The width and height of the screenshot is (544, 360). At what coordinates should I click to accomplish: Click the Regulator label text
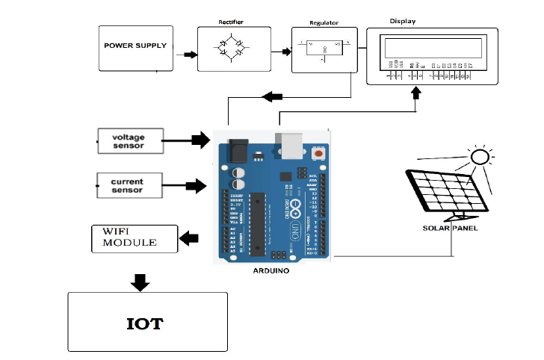324,23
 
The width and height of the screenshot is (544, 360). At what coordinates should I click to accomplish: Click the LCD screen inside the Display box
432,49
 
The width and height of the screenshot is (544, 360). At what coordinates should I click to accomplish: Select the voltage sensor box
131,140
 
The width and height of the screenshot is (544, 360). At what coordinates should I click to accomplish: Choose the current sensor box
131,185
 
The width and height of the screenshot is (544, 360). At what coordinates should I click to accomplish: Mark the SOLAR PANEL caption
450,228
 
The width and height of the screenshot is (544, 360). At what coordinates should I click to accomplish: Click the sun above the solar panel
480,157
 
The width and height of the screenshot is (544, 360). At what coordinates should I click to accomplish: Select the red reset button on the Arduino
319,153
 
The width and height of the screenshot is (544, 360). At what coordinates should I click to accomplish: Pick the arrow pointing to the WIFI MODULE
190,238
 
